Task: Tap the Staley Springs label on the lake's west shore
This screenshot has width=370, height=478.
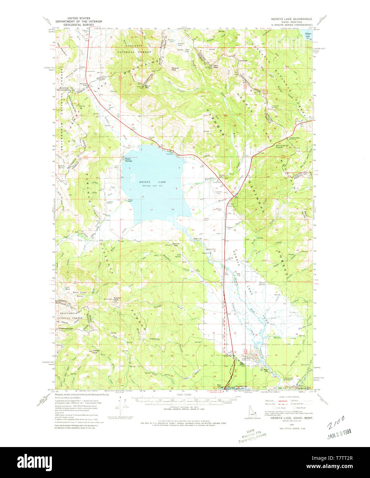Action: click(x=128, y=160)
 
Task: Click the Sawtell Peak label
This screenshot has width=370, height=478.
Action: click(x=117, y=299)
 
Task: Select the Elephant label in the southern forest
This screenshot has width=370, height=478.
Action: click(x=154, y=339)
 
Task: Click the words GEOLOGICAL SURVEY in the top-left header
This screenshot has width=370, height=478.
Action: click(x=79, y=25)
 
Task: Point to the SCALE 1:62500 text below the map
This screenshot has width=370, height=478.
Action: click(x=184, y=395)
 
